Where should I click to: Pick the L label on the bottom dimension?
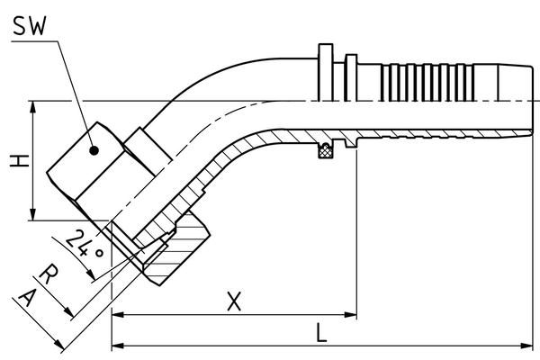321,333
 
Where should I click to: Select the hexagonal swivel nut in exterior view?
85,171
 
